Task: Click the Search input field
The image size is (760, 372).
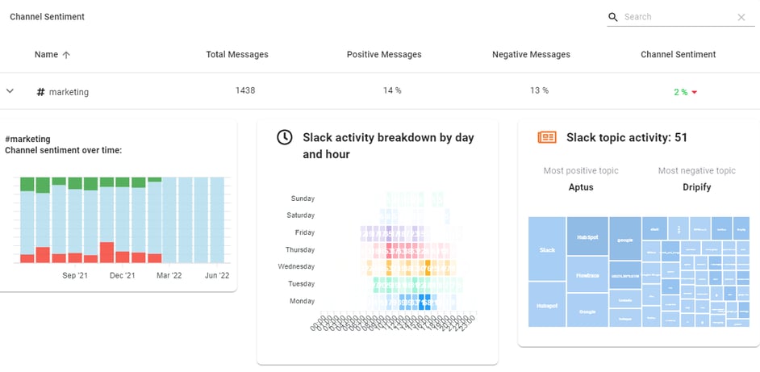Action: [676, 17]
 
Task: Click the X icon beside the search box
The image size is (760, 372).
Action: [741, 17]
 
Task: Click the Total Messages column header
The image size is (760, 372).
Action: [237, 55]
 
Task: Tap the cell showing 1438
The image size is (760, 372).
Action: [245, 90]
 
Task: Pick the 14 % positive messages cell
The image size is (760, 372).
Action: [392, 90]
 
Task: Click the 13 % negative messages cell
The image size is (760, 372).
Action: [539, 90]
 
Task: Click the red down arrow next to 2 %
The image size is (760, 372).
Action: [694, 93]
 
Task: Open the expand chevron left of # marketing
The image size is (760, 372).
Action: [10, 91]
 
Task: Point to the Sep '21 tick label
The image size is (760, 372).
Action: [75, 276]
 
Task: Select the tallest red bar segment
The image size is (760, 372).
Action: [106, 253]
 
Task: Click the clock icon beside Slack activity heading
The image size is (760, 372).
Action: [285, 137]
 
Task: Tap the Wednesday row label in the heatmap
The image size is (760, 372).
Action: [295, 266]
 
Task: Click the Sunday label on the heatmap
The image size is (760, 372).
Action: [302, 199]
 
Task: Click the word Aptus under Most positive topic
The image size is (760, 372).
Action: [580, 187]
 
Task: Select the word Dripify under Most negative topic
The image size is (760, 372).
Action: [696, 187]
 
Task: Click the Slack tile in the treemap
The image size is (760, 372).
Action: [547, 249]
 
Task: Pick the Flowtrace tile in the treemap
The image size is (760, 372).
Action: [587, 274]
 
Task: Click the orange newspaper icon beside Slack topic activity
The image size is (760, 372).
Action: [547, 137]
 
